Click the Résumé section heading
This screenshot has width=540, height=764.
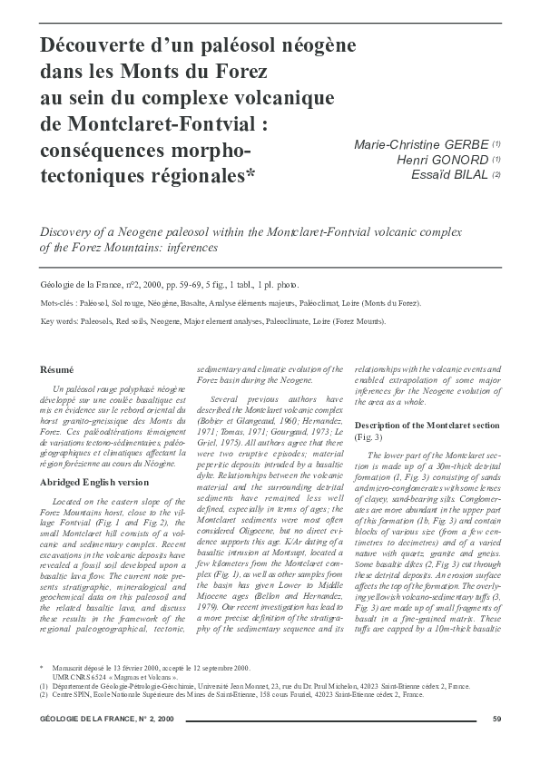(58, 369)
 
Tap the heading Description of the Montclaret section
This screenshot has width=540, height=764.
(420, 426)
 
